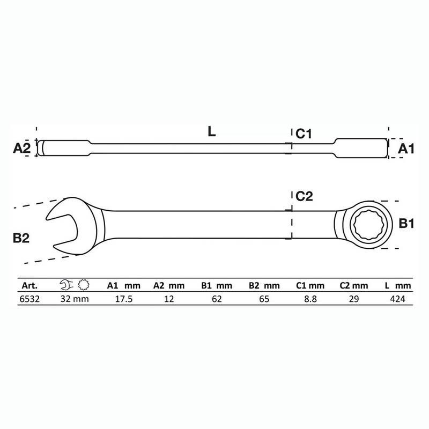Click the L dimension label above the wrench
point(211,131)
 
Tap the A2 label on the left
point(21,148)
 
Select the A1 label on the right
point(406,149)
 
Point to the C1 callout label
point(304,134)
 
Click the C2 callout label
point(304,196)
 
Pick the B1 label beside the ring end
point(406,224)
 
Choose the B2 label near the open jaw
point(21,238)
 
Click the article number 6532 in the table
point(29,299)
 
